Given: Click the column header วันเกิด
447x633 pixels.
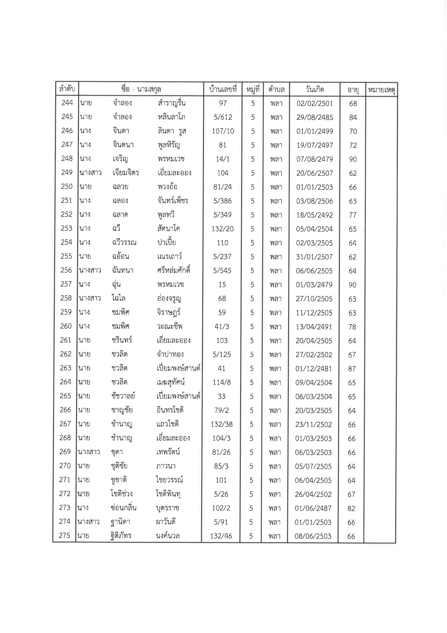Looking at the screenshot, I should coord(314,89).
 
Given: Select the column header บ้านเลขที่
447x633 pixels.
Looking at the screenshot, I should coord(222,89).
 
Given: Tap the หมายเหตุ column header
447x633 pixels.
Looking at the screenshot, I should coord(381,90).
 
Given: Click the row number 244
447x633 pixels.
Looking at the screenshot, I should coord(67,103).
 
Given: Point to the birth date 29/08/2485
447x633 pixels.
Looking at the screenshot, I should coord(315,117).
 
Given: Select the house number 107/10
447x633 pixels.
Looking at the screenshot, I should coord(223,131).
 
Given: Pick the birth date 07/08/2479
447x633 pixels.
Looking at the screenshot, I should coord(314,159).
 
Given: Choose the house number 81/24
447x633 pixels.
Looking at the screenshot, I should coord(222,187).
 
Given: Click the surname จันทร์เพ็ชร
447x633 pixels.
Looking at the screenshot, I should coord(173,201).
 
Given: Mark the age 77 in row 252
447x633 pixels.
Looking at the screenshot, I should coord(353,215).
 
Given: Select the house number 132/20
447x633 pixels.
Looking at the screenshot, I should coord(222,229).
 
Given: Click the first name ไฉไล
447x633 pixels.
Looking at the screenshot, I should coord(119,298).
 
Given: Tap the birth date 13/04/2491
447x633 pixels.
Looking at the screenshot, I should coord(314,327).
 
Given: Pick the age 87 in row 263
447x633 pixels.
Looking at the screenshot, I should coord(352,368).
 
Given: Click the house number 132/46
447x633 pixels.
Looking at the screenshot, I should coord(221,536).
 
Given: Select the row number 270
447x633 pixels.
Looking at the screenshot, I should coord(65,466).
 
